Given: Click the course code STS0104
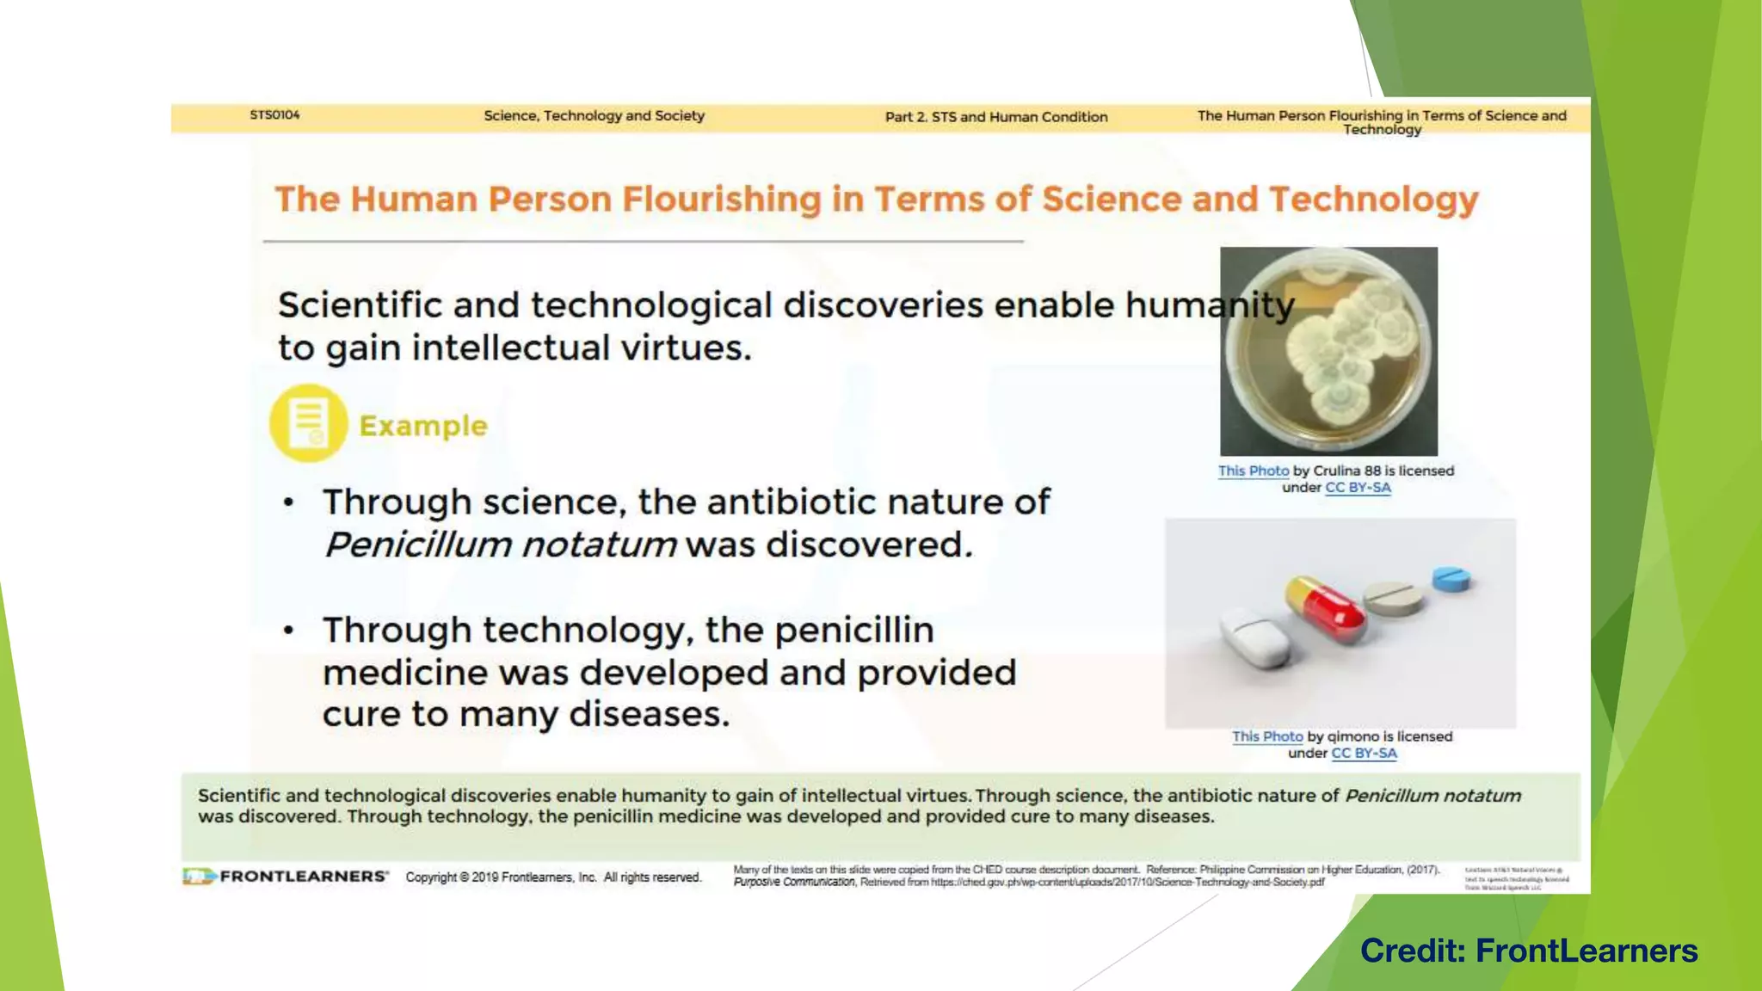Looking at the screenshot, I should pos(274,114).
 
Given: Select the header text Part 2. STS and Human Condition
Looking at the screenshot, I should pos(996,117).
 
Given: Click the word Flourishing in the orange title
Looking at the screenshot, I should pos(722,200).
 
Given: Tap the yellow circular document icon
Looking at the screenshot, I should pos(308,423).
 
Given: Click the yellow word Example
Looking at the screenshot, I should pos(422,426).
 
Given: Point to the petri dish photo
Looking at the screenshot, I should pos(1328,351).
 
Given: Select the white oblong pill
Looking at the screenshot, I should pos(1254,640).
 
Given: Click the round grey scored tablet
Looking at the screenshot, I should pos(1394,599).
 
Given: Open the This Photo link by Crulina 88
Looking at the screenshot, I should pos(1253,471).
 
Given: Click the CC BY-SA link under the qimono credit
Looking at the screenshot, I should pos(1364,753).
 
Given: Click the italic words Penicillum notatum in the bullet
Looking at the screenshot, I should pos(500,545).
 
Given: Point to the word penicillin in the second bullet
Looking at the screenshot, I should pos(853,631).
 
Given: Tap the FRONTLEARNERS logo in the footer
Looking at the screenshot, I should pos(286,877).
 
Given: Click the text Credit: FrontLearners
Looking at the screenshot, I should pos(1529,951).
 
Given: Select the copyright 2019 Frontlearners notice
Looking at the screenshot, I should pos(553,877).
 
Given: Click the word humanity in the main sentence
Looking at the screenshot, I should pos(1209,305).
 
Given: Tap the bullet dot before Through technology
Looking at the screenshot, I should pos(289,631).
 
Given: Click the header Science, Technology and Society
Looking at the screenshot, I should pos(594,115).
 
